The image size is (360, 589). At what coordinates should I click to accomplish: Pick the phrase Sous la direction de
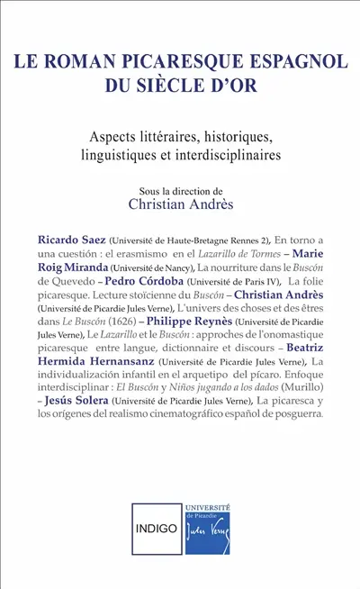(180, 191)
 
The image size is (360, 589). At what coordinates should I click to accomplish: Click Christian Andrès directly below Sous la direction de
(180, 206)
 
